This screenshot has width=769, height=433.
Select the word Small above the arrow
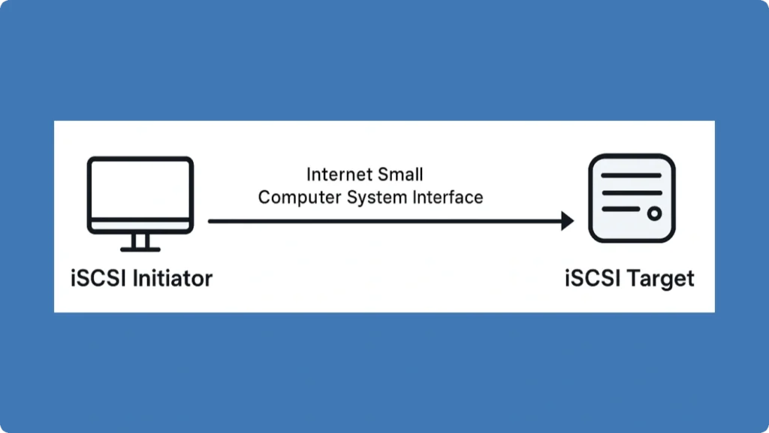[x=401, y=175]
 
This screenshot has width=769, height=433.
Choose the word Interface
[x=448, y=198]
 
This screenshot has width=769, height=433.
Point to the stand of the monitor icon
[x=140, y=240]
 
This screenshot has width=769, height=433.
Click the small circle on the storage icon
[x=654, y=213]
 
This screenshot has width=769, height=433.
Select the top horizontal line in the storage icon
[x=632, y=175]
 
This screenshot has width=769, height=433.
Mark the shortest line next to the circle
[x=620, y=213]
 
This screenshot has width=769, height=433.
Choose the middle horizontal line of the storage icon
[x=632, y=194]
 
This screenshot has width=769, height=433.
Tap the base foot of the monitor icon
[x=140, y=249]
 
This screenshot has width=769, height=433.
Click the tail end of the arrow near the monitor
[x=211, y=221]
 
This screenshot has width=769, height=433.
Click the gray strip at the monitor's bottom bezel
[x=140, y=225]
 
